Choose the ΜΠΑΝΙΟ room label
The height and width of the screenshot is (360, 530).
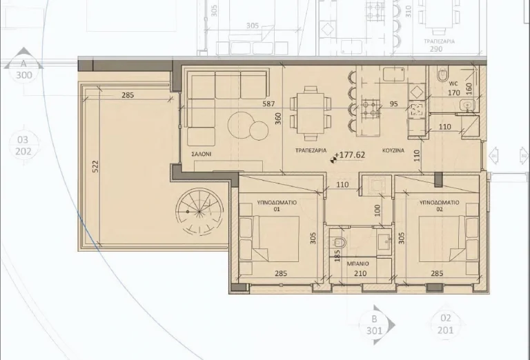[358, 263]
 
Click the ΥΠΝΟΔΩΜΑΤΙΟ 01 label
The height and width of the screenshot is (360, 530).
[276, 203]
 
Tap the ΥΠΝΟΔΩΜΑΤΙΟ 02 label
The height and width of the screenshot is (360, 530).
[438, 203]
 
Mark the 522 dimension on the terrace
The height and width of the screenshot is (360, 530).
[95, 167]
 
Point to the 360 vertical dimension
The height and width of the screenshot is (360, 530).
[278, 118]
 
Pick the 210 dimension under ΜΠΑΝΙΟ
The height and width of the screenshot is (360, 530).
[360, 274]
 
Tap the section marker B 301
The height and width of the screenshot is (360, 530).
[374, 324]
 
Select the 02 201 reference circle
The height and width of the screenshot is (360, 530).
[445, 324]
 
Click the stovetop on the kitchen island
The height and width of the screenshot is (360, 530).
[371, 108]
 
